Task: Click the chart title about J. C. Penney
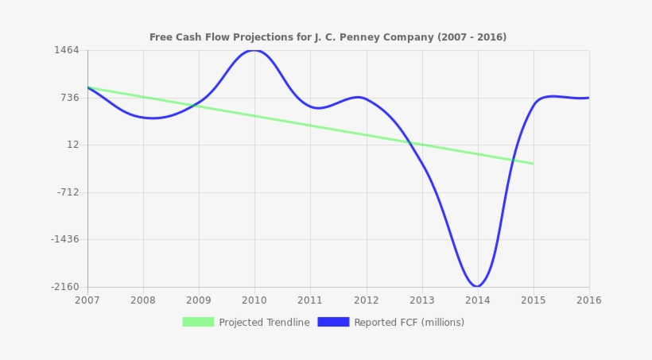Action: click(x=328, y=37)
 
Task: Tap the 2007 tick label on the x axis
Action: click(x=87, y=300)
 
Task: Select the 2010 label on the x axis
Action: click(x=254, y=300)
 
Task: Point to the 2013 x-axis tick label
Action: click(x=421, y=300)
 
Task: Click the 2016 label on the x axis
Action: click(x=588, y=300)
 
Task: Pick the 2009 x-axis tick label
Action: click(x=199, y=300)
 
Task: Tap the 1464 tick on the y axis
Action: click(x=68, y=50)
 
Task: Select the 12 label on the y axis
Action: click(x=73, y=145)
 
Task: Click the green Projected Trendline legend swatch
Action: click(x=198, y=322)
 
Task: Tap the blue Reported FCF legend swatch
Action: click(x=333, y=322)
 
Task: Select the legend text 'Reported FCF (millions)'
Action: click(x=409, y=323)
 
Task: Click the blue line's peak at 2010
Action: click(x=254, y=50)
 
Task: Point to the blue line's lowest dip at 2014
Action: click(x=477, y=286)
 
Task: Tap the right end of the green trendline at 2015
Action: click(x=533, y=163)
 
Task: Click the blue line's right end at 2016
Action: click(x=588, y=98)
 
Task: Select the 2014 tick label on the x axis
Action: click(x=477, y=300)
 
